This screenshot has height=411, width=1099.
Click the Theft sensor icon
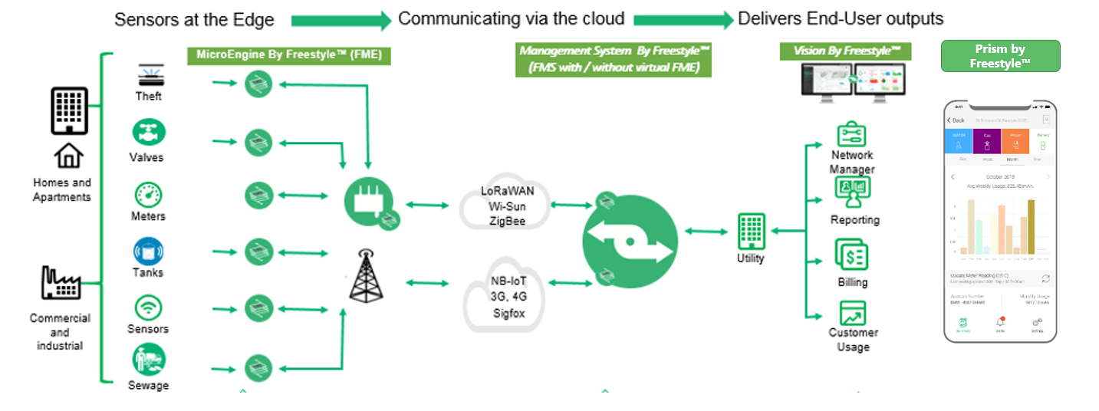tap(149, 75)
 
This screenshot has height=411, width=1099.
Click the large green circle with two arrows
tap(629, 239)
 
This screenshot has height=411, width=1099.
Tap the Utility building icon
tap(750, 231)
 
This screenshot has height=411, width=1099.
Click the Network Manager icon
tap(851, 135)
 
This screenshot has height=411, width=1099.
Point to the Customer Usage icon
tap(852, 313)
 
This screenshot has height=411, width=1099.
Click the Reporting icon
tap(852, 192)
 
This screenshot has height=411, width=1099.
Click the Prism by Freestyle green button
tap(1000, 56)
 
